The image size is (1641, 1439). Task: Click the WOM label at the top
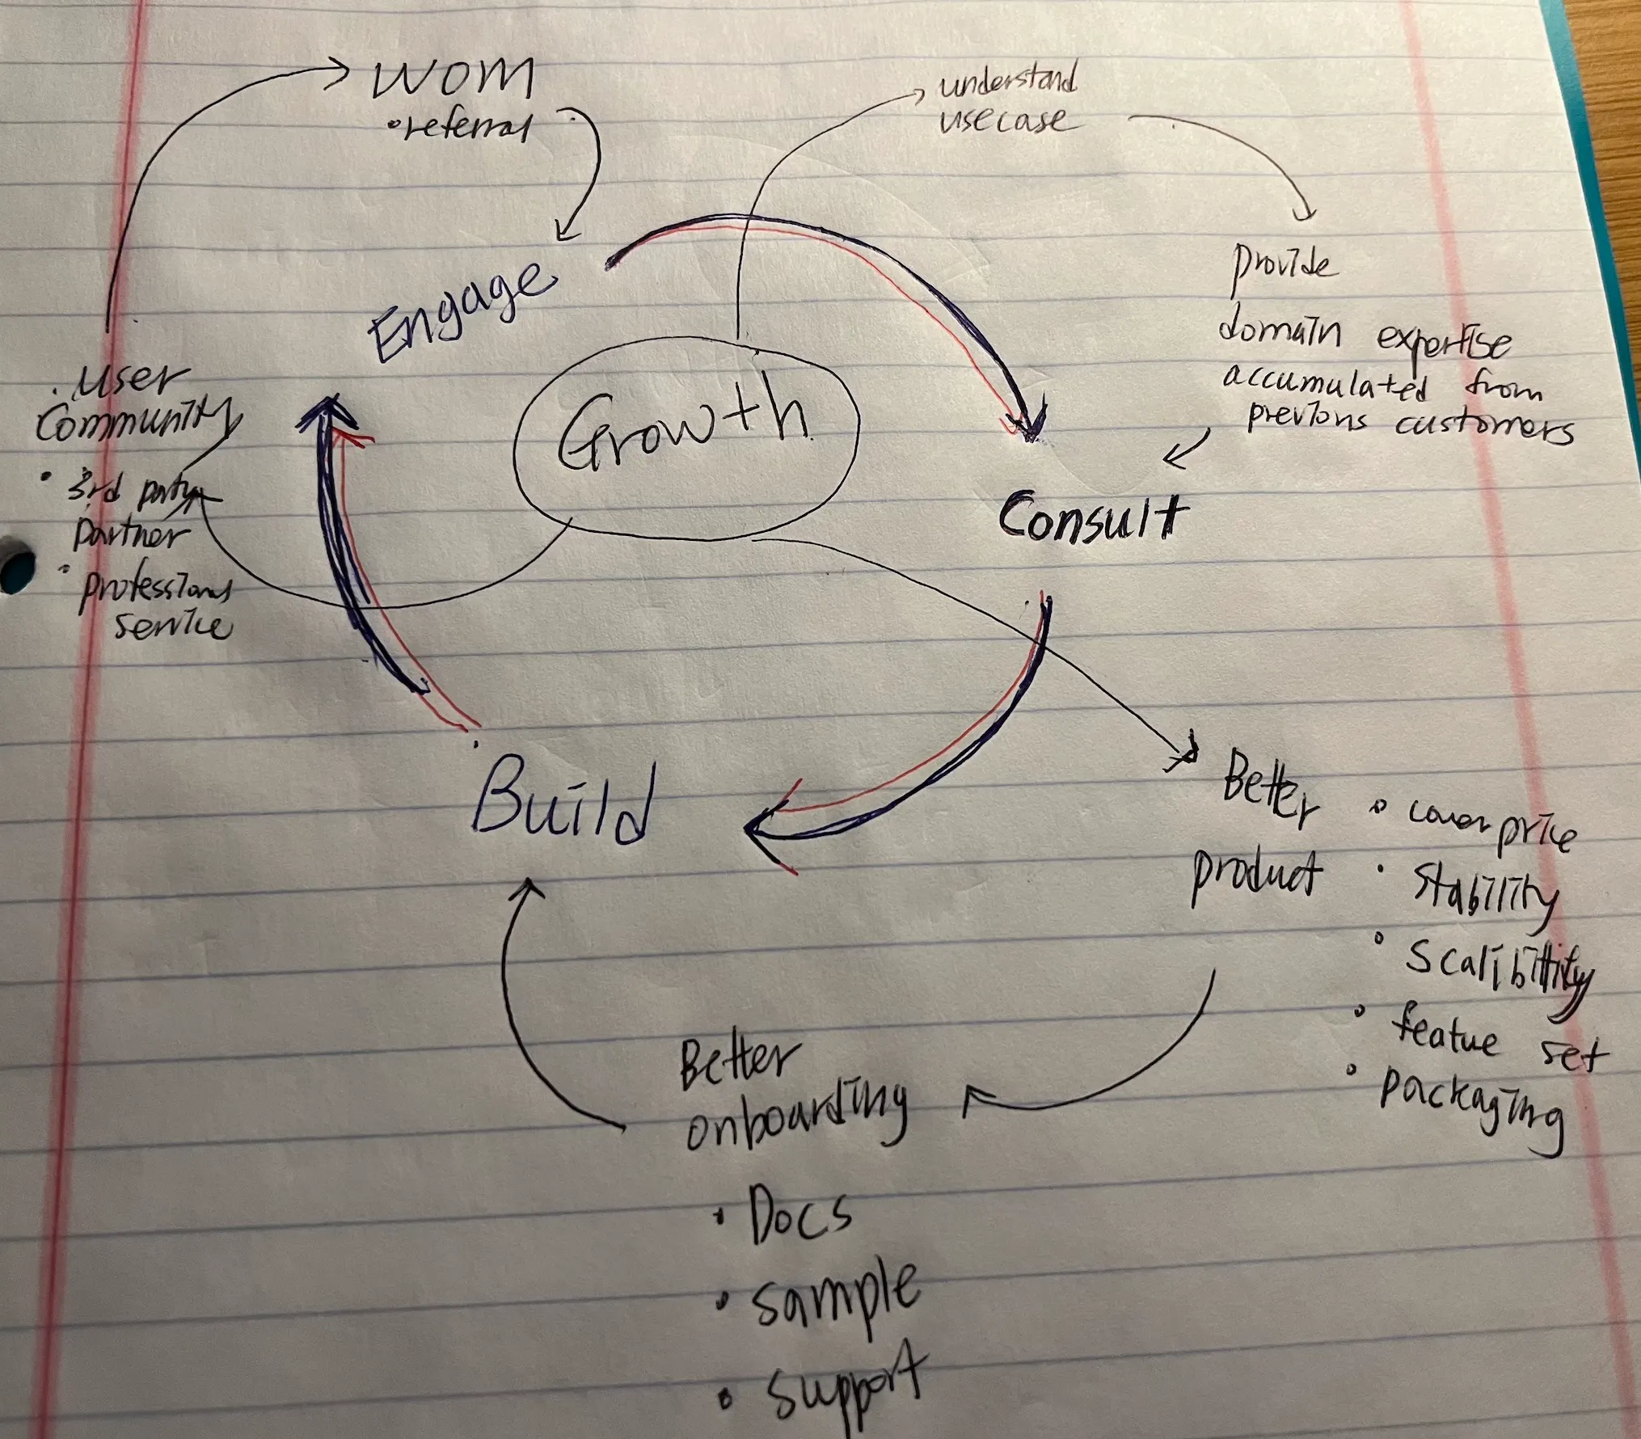(x=453, y=78)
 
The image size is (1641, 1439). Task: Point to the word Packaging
(x=1471, y=1104)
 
